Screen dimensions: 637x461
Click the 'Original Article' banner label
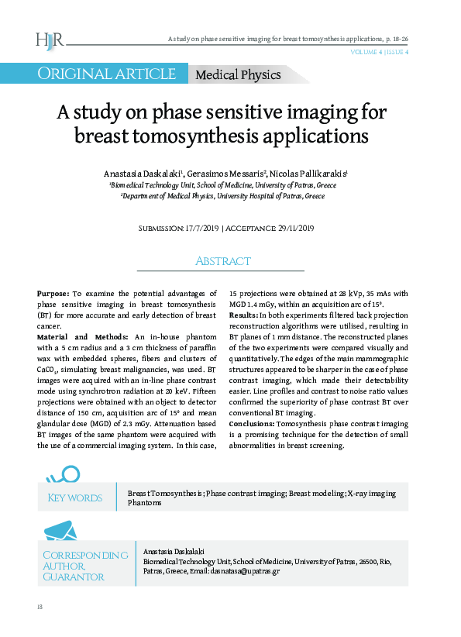[x=108, y=74]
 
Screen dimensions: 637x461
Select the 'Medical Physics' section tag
[x=239, y=75]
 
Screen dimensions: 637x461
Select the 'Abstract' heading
[x=222, y=261]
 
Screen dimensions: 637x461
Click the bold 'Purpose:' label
[x=53, y=294]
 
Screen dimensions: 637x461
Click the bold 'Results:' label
[x=244, y=316]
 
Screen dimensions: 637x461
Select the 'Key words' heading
[x=75, y=498]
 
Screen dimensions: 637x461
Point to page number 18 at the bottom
[x=40, y=606]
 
